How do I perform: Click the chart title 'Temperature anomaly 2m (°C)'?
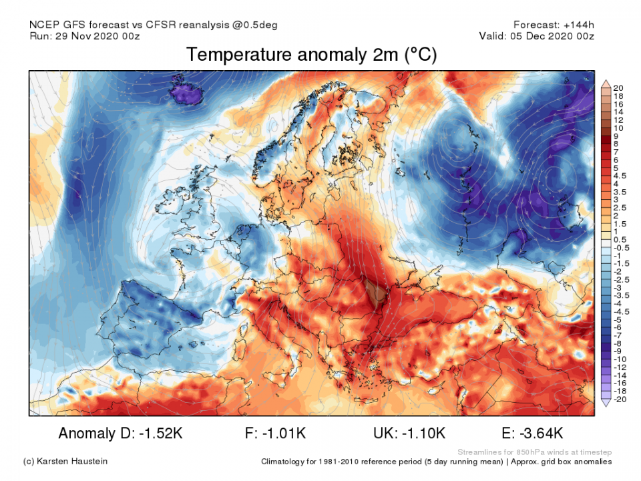coord(311,55)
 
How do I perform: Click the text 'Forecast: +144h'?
coord(553,25)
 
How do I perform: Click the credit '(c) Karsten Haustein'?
coord(65,461)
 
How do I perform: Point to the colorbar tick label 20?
coord(618,88)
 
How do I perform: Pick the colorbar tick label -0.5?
coord(620,247)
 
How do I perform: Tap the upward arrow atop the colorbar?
coord(606,83)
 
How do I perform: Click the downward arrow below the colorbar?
coord(606,403)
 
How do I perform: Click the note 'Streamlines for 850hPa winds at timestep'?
coord(534,452)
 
